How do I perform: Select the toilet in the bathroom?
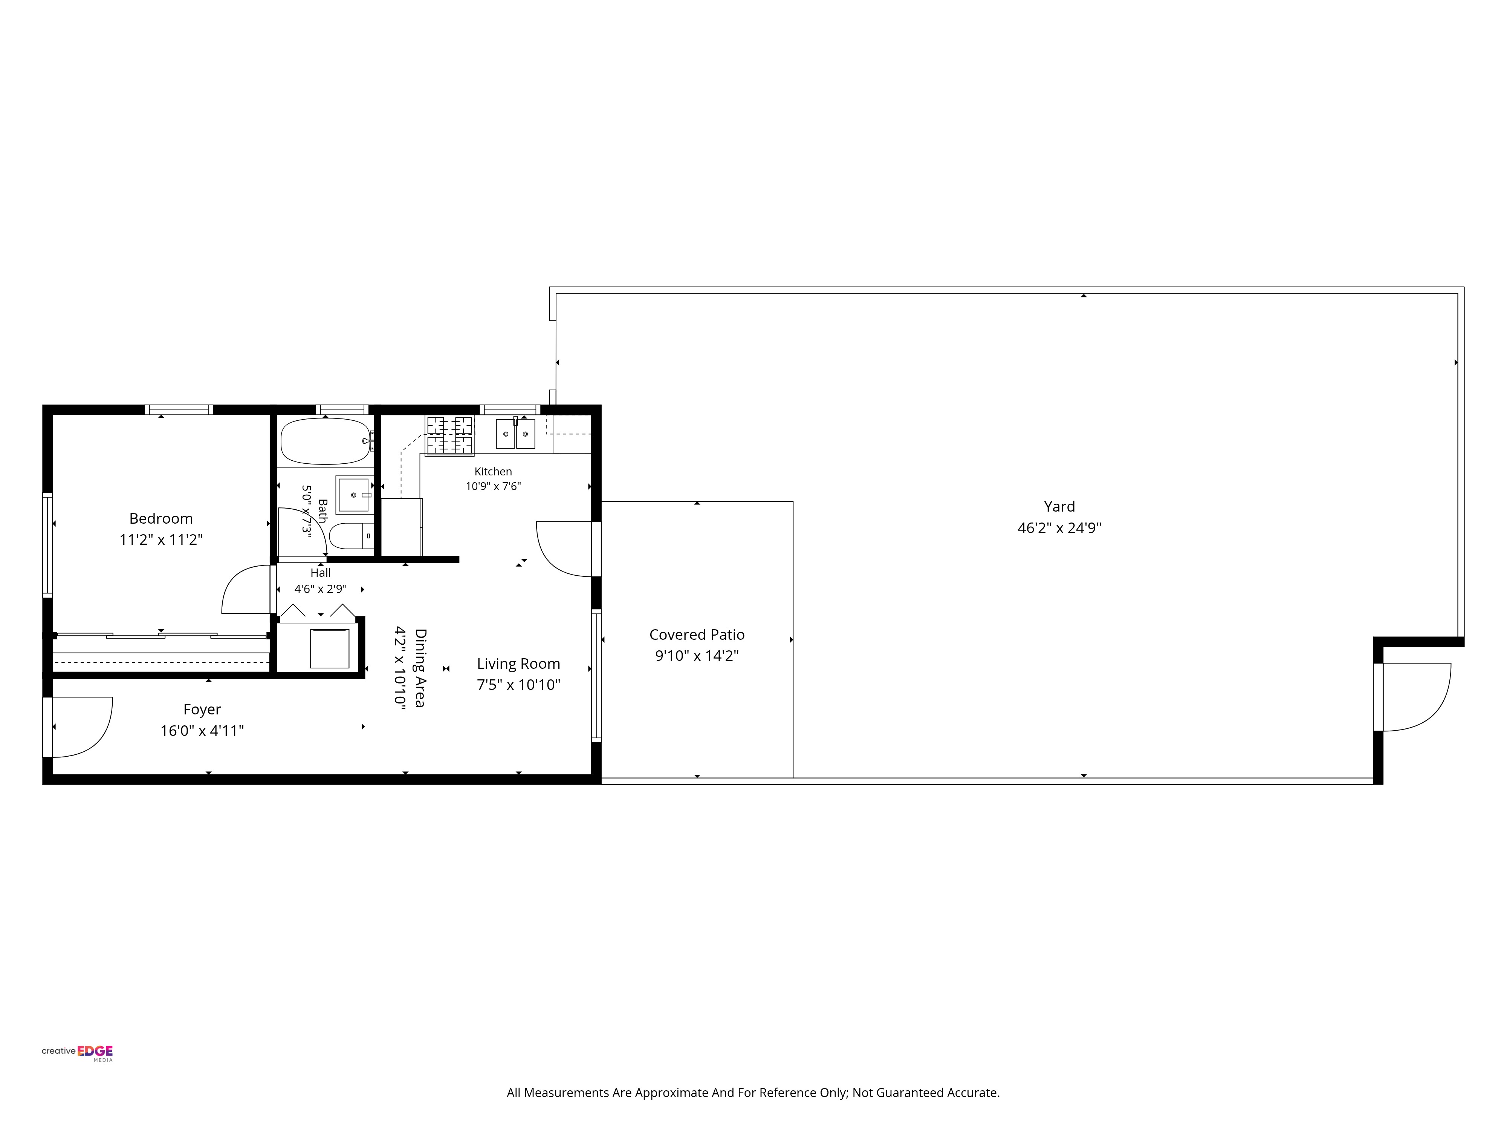(352, 536)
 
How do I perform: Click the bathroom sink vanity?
(354, 494)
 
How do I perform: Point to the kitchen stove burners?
(449, 435)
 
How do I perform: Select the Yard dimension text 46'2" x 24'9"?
(1059, 528)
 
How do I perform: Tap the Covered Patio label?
(697, 635)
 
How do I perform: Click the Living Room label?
(518, 664)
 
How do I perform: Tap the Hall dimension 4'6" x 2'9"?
(320, 589)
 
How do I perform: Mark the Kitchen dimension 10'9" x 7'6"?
(493, 486)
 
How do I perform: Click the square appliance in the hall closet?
(330, 648)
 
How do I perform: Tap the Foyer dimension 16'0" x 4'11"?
(202, 731)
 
